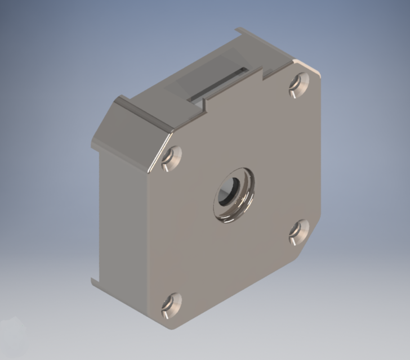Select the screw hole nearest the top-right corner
coord(299,85)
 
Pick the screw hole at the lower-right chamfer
coord(298,231)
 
